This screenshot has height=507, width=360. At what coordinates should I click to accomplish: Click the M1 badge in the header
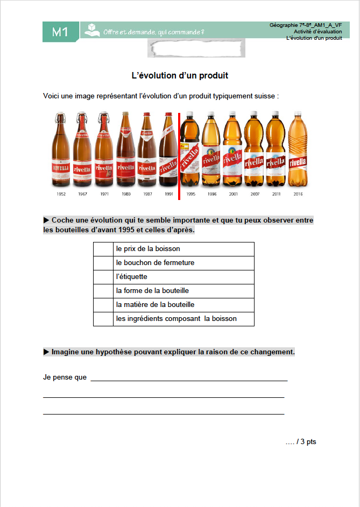click(60, 32)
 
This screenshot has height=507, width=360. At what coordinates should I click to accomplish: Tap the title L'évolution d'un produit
click(180, 75)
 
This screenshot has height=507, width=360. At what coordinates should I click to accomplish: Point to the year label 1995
click(190, 194)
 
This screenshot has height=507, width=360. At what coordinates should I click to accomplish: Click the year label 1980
click(125, 194)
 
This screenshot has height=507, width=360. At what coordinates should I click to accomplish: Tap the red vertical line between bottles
click(179, 156)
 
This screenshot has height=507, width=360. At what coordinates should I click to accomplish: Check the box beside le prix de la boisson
click(103, 249)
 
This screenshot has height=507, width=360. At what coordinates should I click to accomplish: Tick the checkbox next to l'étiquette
click(103, 277)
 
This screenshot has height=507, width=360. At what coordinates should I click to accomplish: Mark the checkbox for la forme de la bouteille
click(103, 291)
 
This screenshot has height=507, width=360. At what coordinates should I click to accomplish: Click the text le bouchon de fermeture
click(155, 263)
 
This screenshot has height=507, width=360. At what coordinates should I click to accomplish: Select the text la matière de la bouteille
click(155, 305)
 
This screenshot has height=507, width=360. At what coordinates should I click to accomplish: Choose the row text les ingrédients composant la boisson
click(176, 319)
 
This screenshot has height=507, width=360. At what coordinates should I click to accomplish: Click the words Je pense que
click(65, 377)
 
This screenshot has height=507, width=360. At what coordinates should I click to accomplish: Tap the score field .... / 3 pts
click(301, 441)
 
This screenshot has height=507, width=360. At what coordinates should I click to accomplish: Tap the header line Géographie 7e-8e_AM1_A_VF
click(305, 25)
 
